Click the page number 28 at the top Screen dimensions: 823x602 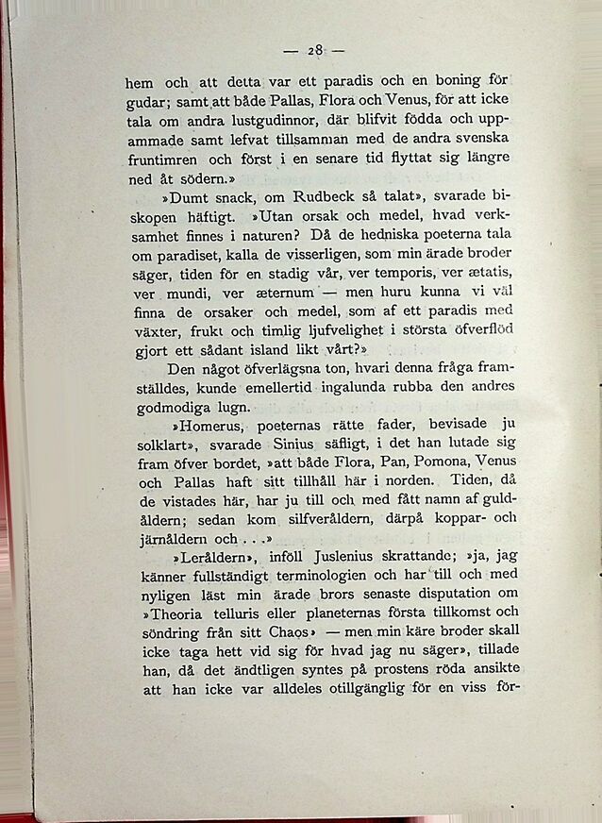point(315,50)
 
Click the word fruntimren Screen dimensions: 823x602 point(165,160)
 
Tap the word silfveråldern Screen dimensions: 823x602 point(328,520)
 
